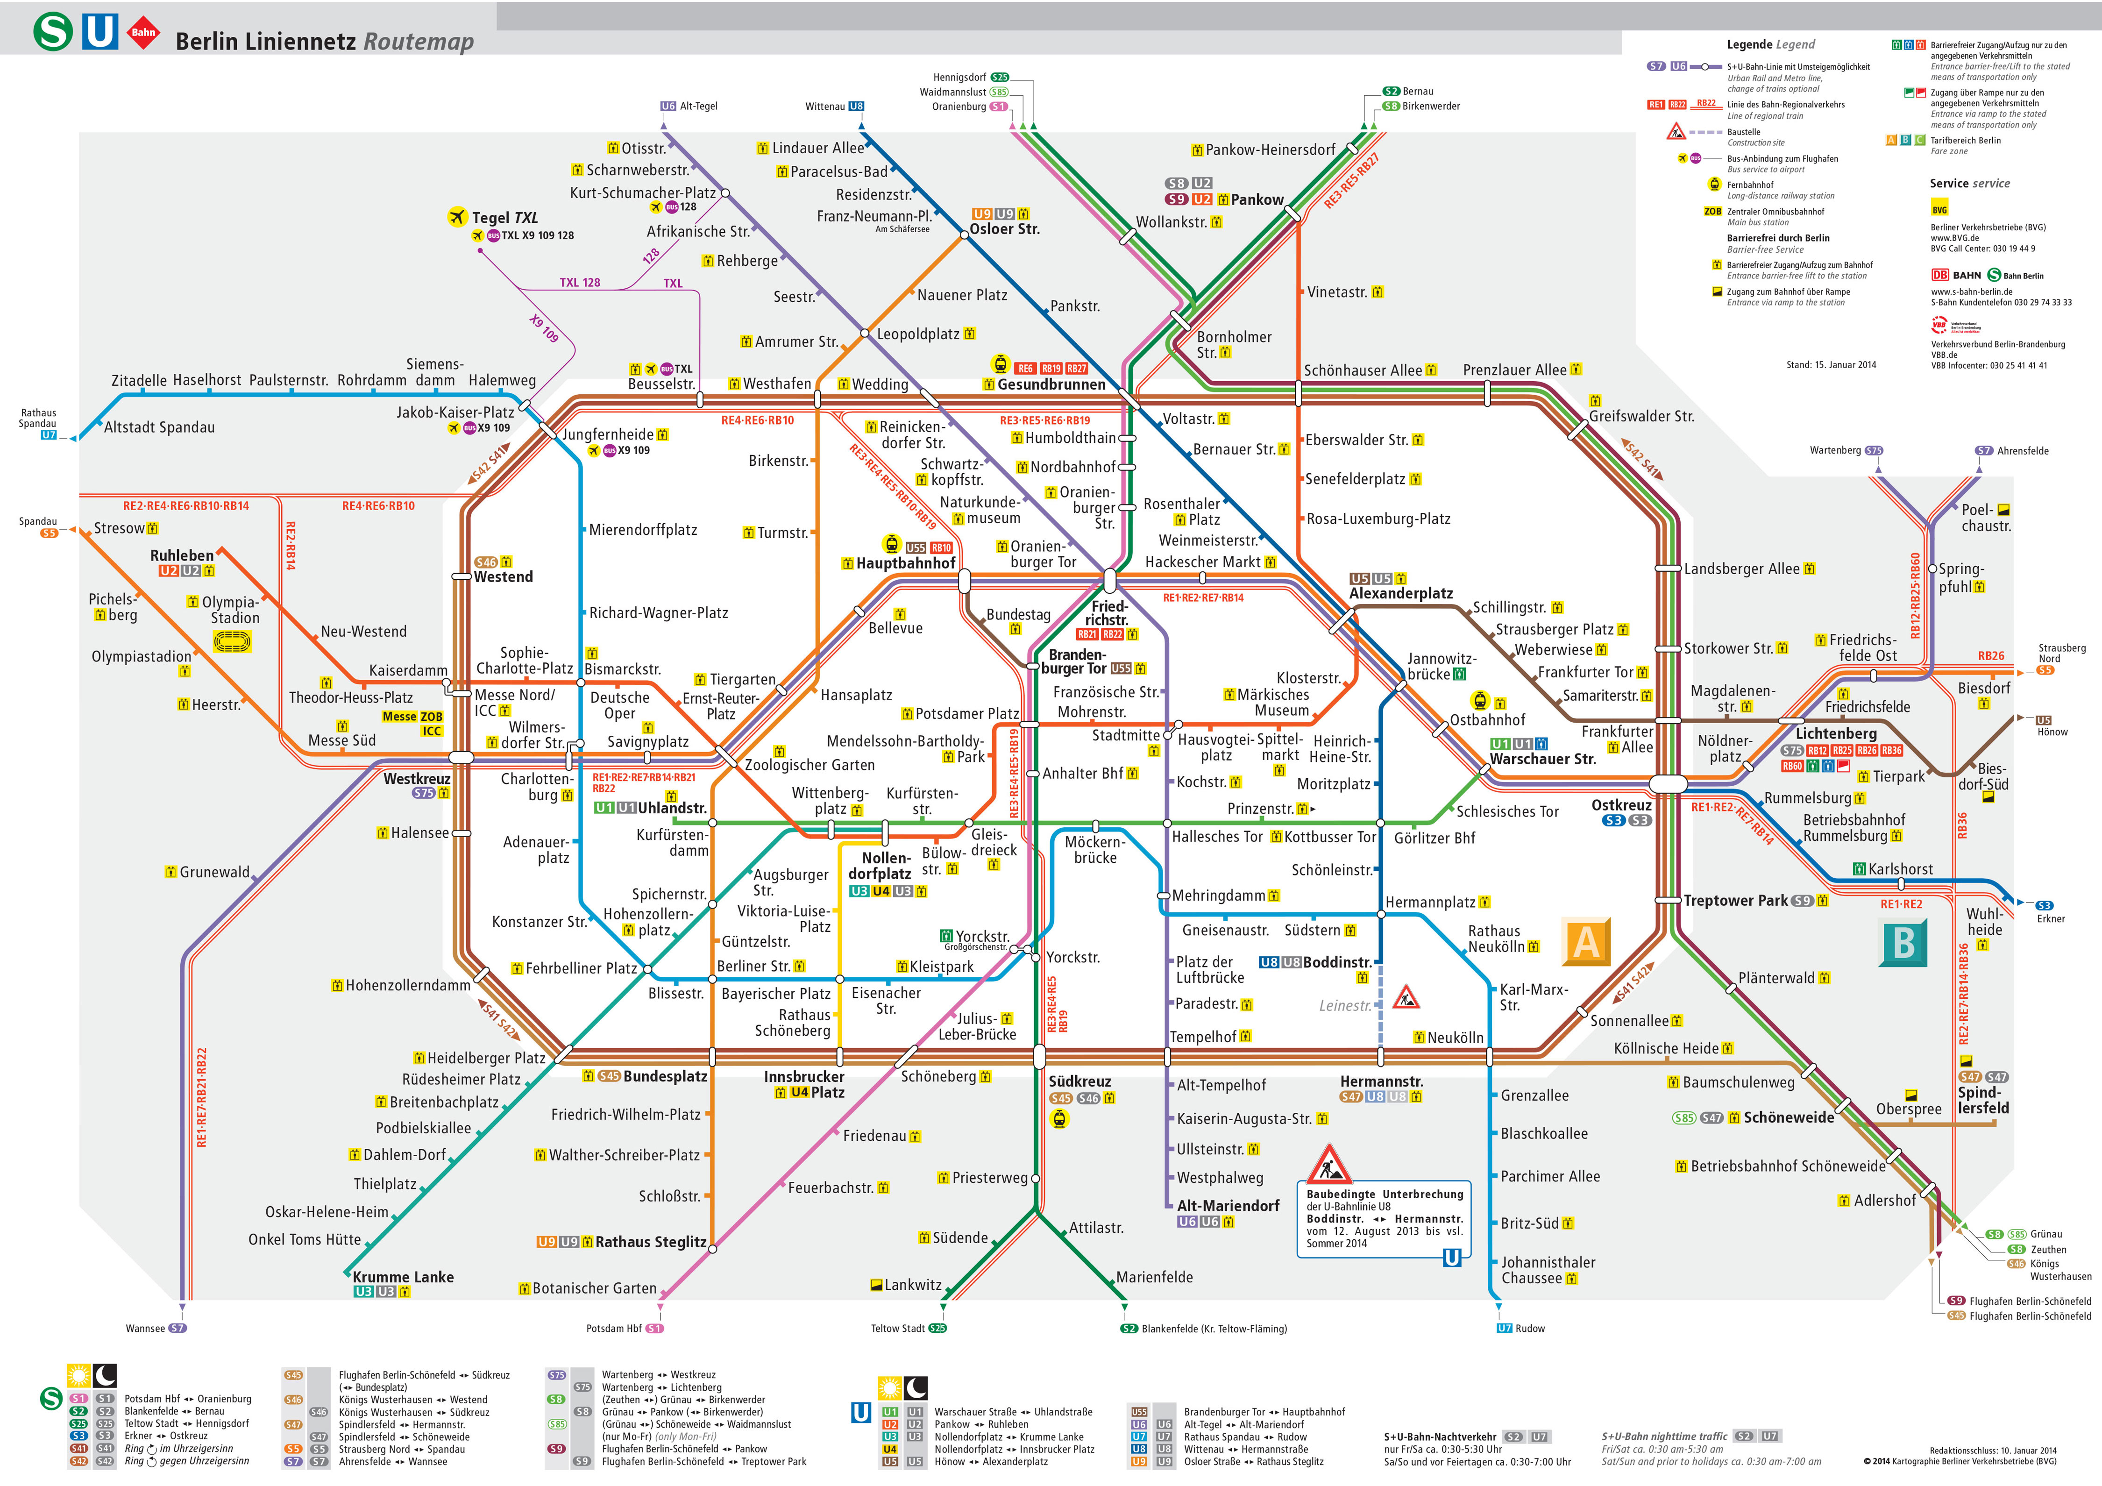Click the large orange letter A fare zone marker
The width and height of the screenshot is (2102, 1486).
(x=1586, y=942)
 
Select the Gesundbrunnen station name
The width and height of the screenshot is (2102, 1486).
(x=1051, y=384)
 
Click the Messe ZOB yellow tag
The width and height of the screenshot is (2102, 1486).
(x=412, y=717)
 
